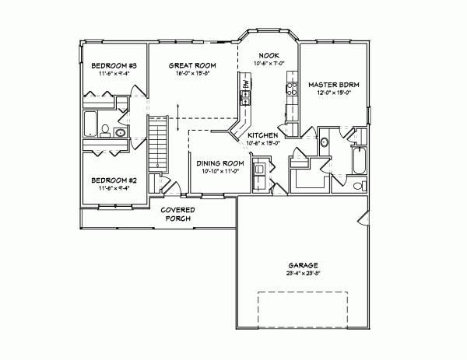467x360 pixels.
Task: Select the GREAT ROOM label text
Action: pos(192,65)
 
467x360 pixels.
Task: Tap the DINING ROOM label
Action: pos(218,163)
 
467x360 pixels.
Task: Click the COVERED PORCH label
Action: pos(177,214)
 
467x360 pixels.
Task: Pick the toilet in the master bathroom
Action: pos(357,186)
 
